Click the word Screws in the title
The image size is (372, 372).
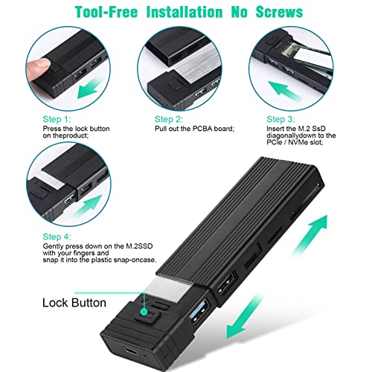tap(279, 12)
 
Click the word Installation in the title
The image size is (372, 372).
tap(185, 12)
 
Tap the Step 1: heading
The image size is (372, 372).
tap(57, 119)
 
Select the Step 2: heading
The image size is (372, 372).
tap(169, 119)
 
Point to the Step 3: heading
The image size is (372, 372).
tap(280, 119)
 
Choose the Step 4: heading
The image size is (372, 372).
tap(57, 237)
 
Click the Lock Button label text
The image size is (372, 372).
tap(74, 303)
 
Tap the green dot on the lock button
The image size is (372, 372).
tap(144, 312)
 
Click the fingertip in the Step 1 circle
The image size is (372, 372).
tap(38, 68)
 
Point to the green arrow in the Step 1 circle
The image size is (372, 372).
tap(90, 88)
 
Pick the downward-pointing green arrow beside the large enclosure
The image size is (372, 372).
tap(243, 318)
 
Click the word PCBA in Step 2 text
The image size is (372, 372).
tap(202, 129)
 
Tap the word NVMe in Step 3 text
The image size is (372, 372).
tap(298, 142)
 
